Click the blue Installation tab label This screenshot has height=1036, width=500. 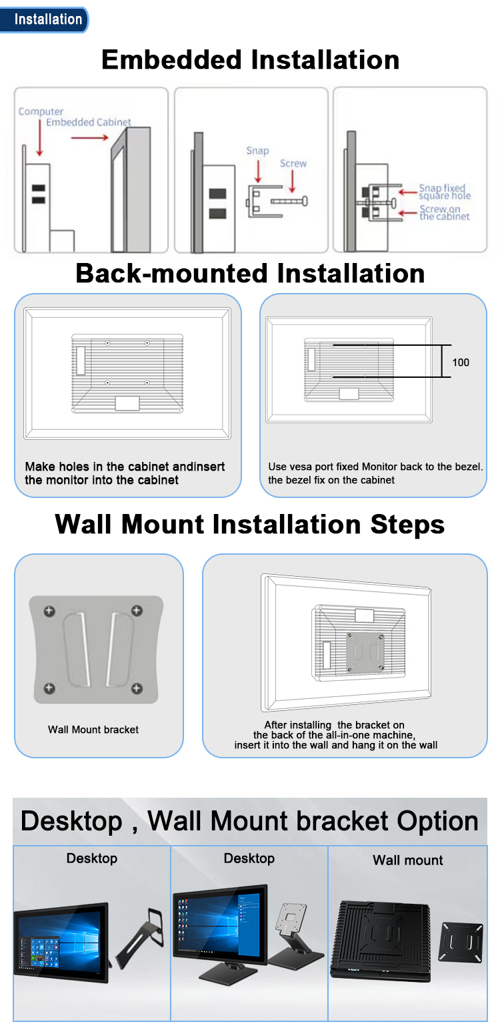tap(48, 19)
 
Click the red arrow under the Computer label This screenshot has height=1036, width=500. tap(40, 138)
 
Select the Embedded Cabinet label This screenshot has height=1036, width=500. tap(88, 122)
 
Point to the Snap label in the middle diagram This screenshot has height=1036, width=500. tap(257, 151)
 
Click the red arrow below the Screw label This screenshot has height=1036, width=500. tap(292, 182)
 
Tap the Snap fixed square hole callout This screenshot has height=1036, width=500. tap(445, 192)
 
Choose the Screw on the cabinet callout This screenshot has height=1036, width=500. tap(444, 213)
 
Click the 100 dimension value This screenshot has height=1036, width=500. tap(461, 362)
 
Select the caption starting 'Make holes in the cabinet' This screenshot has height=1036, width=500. tap(125, 473)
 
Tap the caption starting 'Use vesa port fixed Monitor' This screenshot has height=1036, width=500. tap(375, 473)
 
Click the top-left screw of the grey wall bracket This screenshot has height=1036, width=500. tap(49, 611)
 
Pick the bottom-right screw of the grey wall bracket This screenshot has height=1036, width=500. tap(137, 689)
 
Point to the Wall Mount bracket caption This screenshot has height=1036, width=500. tap(93, 730)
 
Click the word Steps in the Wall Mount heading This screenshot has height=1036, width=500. tap(407, 525)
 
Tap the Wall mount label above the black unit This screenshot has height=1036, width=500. tap(407, 860)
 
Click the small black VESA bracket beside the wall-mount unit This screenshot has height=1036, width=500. tap(461, 942)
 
